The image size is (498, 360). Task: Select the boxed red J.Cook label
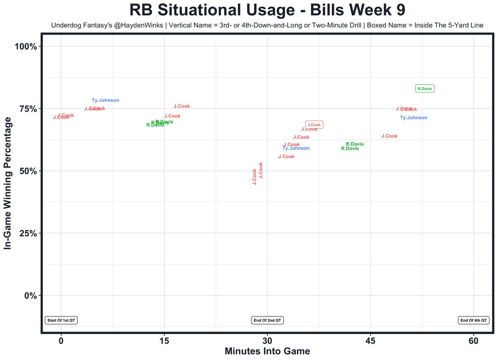(x=314, y=125)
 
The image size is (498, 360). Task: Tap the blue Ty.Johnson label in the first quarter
(x=105, y=100)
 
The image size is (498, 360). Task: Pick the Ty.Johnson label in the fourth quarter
(x=414, y=118)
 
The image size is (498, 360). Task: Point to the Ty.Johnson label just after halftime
(x=296, y=148)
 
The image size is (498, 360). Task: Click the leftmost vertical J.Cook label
(x=255, y=177)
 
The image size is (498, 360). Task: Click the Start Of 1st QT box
(x=61, y=320)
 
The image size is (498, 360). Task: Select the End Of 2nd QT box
(x=268, y=320)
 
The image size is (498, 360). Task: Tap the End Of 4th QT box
(x=473, y=320)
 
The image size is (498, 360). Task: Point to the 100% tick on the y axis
(x=26, y=47)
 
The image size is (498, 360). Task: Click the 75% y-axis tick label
(x=28, y=109)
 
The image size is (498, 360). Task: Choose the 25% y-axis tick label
(x=28, y=233)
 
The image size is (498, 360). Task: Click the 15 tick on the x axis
(x=164, y=341)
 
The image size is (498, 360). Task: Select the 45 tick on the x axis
(x=370, y=341)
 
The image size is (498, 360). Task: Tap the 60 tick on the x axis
(x=473, y=341)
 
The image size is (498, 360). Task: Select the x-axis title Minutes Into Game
(x=267, y=351)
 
